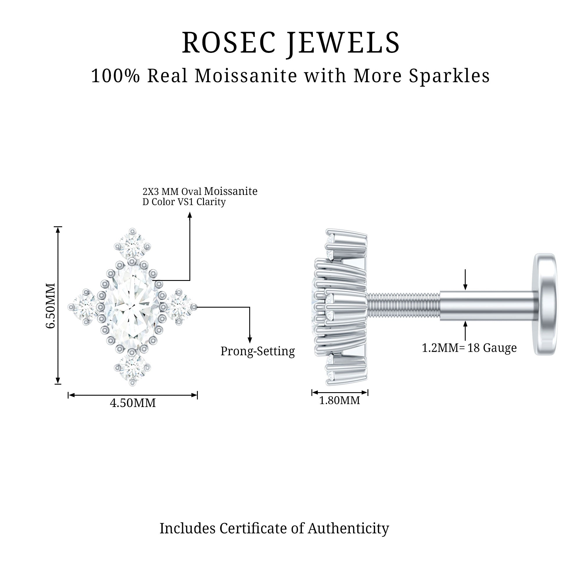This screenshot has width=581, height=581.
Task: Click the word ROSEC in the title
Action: [229, 43]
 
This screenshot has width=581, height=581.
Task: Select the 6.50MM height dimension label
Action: [51, 306]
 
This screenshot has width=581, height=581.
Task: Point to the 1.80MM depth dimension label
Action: [339, 401]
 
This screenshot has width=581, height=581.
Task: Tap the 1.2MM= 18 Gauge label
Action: [469, 348]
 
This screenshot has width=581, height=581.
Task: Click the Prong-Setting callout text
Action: [257, 351]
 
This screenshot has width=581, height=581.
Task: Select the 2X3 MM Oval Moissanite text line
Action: [200, 191]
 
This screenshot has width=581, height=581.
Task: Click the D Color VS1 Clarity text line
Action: [184, 202]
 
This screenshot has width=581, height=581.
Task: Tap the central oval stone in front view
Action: [132, 306]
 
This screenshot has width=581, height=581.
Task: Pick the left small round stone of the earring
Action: [85, 307]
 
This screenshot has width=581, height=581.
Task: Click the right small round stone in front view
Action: [180, 307]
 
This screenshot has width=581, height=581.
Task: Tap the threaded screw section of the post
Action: [403, 307]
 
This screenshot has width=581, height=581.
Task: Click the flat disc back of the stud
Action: [544, 304]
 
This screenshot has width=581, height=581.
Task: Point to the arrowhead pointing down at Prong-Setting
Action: [250, 340]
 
